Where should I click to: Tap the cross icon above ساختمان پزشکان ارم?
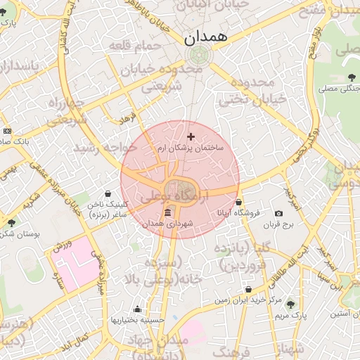[191, 135]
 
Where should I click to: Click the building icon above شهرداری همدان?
[167, 213]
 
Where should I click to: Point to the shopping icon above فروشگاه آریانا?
[239, 202]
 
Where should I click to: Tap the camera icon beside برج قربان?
[279, 214]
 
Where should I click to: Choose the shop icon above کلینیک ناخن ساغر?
[107, 193]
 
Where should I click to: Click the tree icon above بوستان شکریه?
[11, 223]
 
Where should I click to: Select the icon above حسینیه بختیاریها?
[137, 309]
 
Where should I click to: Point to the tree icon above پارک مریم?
[291, 304]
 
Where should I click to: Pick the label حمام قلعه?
[135, 46]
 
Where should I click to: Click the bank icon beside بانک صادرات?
[7, 131]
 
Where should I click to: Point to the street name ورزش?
[61, 247]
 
